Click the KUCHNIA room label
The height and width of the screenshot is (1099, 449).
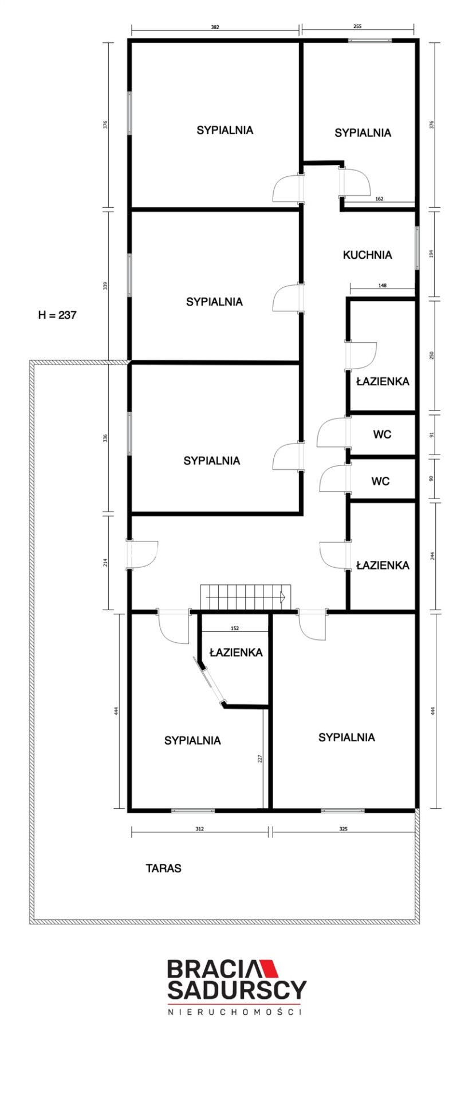coord(367,255)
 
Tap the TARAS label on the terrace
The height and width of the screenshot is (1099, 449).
coord(163,868)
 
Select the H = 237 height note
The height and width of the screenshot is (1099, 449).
coord(57,315)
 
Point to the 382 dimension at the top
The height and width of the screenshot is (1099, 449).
coord(215,26)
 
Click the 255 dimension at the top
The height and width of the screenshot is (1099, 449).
coord(357,26)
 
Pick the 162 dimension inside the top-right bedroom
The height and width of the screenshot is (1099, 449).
coord(379,199)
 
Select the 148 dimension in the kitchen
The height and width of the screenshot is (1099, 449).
coord(382,284)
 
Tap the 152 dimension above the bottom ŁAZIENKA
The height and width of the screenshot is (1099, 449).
coord(235,628)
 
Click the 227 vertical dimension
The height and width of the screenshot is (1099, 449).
coord(259,759)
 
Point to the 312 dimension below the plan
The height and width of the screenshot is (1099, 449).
coord(199,828)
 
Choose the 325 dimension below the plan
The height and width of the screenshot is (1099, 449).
coord(343,828)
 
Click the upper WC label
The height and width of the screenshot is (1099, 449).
coord(382,434)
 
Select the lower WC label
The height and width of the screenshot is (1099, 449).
coord(380,481)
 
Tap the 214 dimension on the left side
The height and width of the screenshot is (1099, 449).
coord(105,562)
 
